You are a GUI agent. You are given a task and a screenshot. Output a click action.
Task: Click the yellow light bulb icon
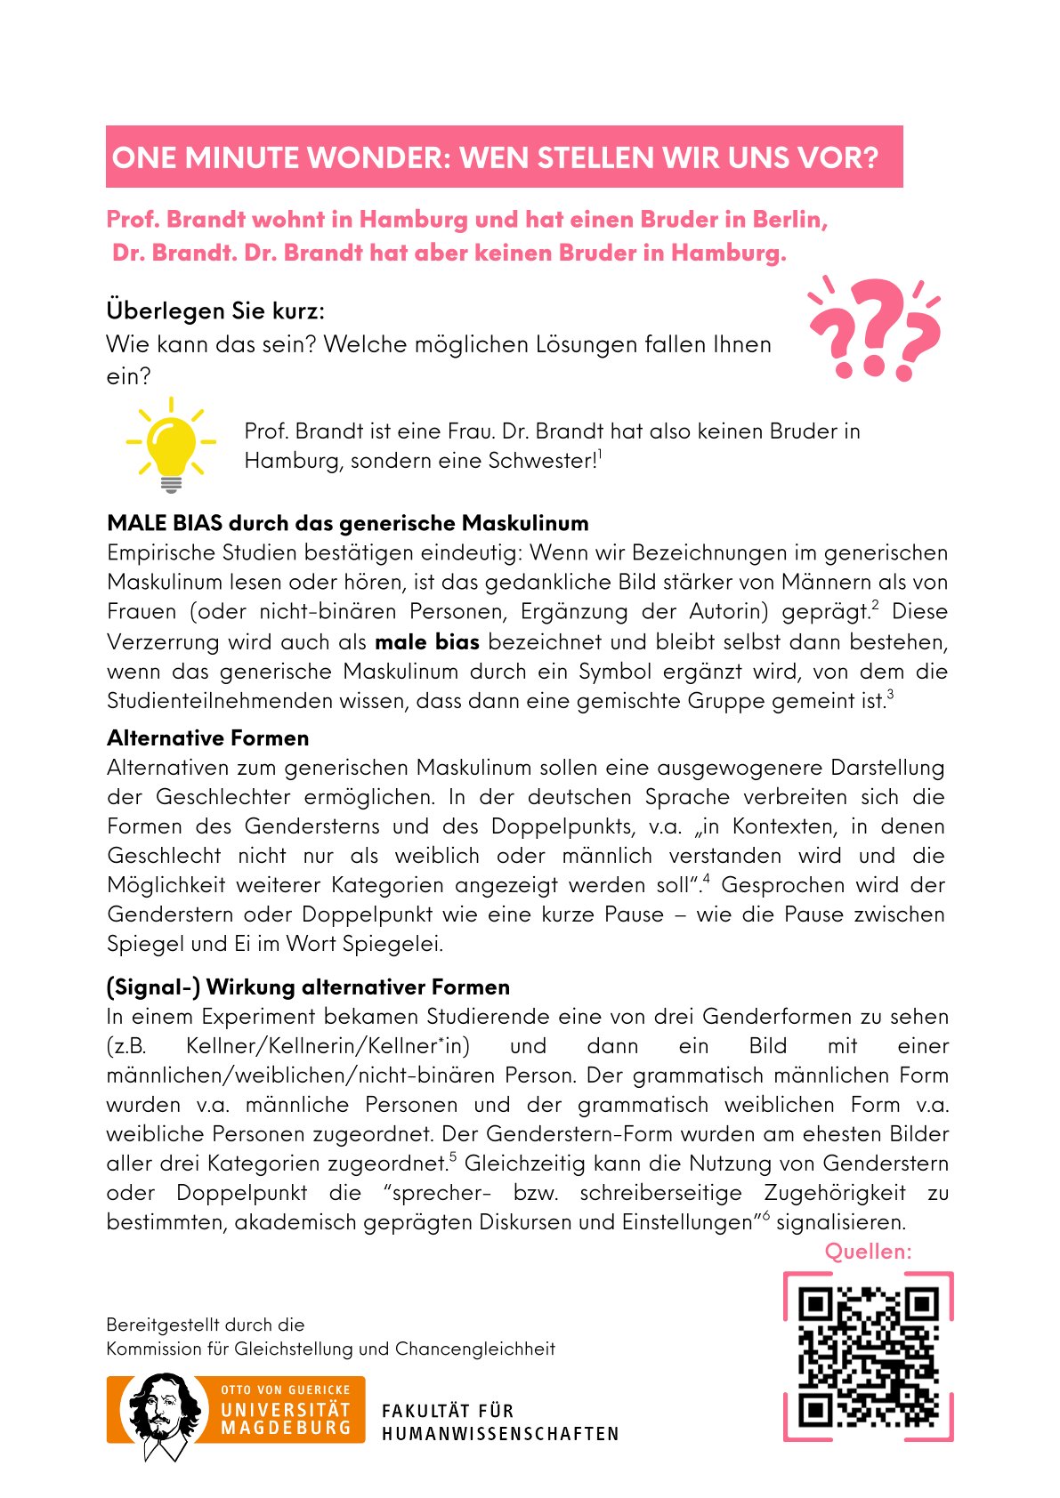tap(171, 445)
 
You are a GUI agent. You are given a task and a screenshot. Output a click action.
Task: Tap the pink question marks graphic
tap(874, 328)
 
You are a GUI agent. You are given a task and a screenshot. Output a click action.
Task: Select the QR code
tap(868, 1357)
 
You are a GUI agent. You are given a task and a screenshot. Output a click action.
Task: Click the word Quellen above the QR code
tap(868, 1252)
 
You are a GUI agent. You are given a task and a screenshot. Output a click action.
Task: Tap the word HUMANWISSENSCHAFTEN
tap(500, 1434)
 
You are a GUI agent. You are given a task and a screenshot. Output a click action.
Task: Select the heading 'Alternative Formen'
tap(208, 738)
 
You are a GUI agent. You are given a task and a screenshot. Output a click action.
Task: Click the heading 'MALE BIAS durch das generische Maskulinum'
tap(348, 523)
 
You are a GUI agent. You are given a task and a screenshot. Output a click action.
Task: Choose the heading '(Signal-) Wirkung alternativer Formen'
tap(308, 987)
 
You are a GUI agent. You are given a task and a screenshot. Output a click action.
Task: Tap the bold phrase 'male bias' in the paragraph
tap(427, 642)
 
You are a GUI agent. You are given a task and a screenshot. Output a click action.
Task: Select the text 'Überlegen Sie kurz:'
tap(215, 310)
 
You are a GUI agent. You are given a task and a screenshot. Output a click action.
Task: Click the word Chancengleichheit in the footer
tap(474, 1349)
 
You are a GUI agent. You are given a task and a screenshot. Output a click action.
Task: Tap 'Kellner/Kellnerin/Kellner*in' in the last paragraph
tap(328, 1046)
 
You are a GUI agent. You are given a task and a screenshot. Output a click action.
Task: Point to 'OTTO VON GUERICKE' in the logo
tap(286, 1389)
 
